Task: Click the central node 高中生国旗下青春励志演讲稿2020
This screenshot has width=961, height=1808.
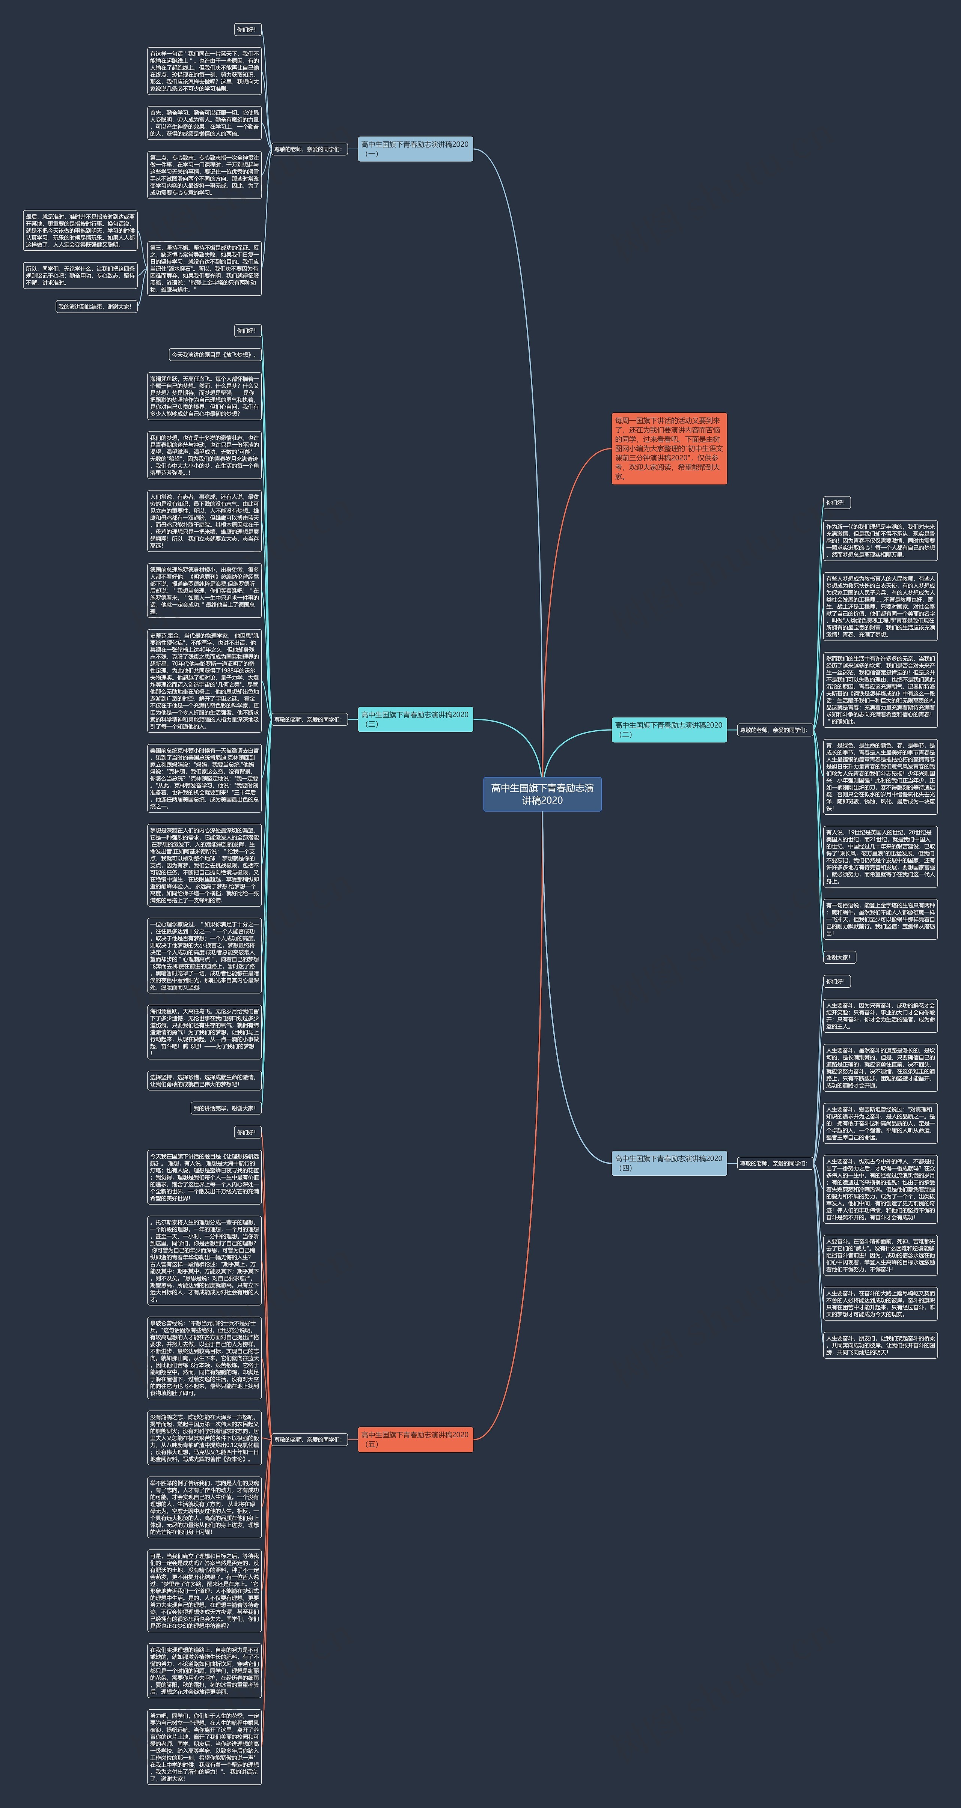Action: click(542, 794)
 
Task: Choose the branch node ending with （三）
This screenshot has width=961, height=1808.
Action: click(415, 719)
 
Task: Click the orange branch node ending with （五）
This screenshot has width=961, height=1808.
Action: click(415, 1439)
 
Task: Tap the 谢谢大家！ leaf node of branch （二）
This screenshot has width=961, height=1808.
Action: click(839, 957)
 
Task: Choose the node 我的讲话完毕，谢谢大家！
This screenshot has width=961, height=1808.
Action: click(225, 1108)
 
